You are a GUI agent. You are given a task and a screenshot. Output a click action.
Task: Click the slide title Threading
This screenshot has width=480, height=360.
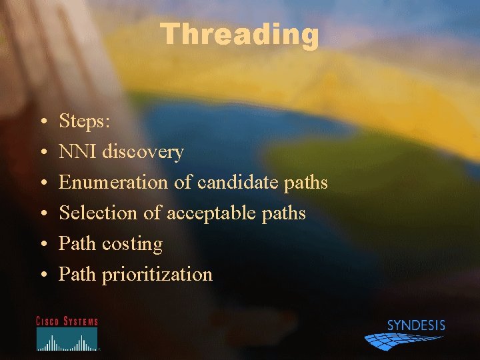tap(240, 35)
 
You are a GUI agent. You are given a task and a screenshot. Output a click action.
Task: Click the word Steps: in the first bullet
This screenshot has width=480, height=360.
tap(86, 121)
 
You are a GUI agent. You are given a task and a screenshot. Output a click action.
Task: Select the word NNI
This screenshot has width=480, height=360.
tap(78, 151)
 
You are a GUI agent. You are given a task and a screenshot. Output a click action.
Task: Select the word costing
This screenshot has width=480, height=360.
tap(132, 244)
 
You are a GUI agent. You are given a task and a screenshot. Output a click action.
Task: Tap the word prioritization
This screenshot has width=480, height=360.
tap(157, 275)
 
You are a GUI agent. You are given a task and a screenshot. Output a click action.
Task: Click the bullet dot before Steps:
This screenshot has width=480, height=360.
tap(42, 122)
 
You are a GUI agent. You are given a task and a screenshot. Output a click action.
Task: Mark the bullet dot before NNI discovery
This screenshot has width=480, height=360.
tap(42, 153)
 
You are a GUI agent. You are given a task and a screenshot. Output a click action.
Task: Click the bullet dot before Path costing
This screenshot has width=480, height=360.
tap(42, 245)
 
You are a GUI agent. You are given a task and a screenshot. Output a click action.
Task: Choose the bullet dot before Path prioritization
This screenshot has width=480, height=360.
tap(42, 275)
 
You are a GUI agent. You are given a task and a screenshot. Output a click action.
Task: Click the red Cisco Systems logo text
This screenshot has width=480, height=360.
tap(67, 321)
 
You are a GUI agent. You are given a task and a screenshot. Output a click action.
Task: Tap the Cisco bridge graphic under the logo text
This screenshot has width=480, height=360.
tap(67, 340)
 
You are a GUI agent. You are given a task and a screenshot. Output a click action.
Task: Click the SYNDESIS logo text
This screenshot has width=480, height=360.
tap(416, 325)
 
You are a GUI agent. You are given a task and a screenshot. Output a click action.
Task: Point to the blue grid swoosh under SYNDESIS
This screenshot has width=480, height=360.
tap(400, 340)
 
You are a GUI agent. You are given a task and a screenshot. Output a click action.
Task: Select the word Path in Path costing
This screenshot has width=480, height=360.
tap(77, 244)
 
